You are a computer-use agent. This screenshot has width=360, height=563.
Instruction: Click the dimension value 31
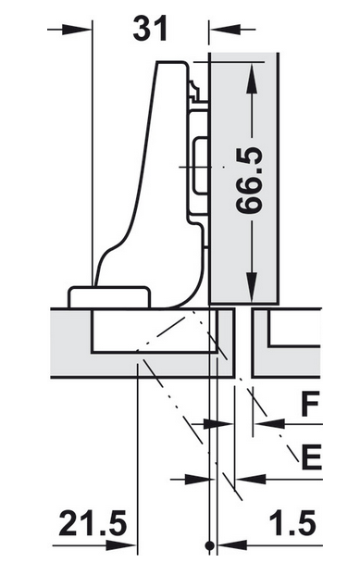tap(150, 29)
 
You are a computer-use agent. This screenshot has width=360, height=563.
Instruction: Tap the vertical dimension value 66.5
tap(250, 180)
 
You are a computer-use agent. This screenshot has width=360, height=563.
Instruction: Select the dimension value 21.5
tap(93, 522)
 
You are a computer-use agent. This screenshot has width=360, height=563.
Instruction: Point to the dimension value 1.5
tap(292, 522)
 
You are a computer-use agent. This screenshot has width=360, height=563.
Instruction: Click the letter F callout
tap(309, 405)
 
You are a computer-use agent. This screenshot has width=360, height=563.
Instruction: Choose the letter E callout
tap(311, 457)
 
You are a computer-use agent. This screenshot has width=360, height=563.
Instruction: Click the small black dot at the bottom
tap(210, 545)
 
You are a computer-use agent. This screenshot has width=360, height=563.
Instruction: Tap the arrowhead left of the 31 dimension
tap(77, 30)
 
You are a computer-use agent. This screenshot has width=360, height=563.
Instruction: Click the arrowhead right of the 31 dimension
tap(225, 30)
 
